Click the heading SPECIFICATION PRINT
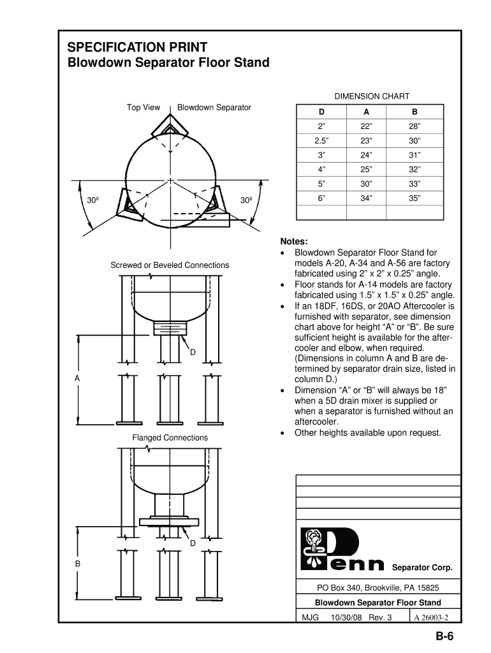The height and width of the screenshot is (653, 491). (x=137, y=47)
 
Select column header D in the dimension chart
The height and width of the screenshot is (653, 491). (x=321, y=112)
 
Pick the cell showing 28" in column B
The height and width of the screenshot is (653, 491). (x=415, y=126)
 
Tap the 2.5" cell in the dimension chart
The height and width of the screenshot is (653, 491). (x=321, y=141)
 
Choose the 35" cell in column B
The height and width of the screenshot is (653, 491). (x=415, y=198)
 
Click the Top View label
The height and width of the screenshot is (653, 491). (x=143, y=107)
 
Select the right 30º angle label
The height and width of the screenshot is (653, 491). (x=246, y=201)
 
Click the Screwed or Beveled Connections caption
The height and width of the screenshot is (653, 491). (x=170, y=265)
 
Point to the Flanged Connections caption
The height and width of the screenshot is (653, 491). (x=170, y=437)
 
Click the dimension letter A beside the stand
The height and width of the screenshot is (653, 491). (x=77, y=378)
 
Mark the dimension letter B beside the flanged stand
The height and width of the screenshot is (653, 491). (x=77, y=564)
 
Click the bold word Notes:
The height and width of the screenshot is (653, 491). (x=294, y=242)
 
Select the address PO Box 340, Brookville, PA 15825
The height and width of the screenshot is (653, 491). (x=378, y=588)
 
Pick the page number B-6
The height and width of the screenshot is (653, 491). (x=444, y=636)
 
